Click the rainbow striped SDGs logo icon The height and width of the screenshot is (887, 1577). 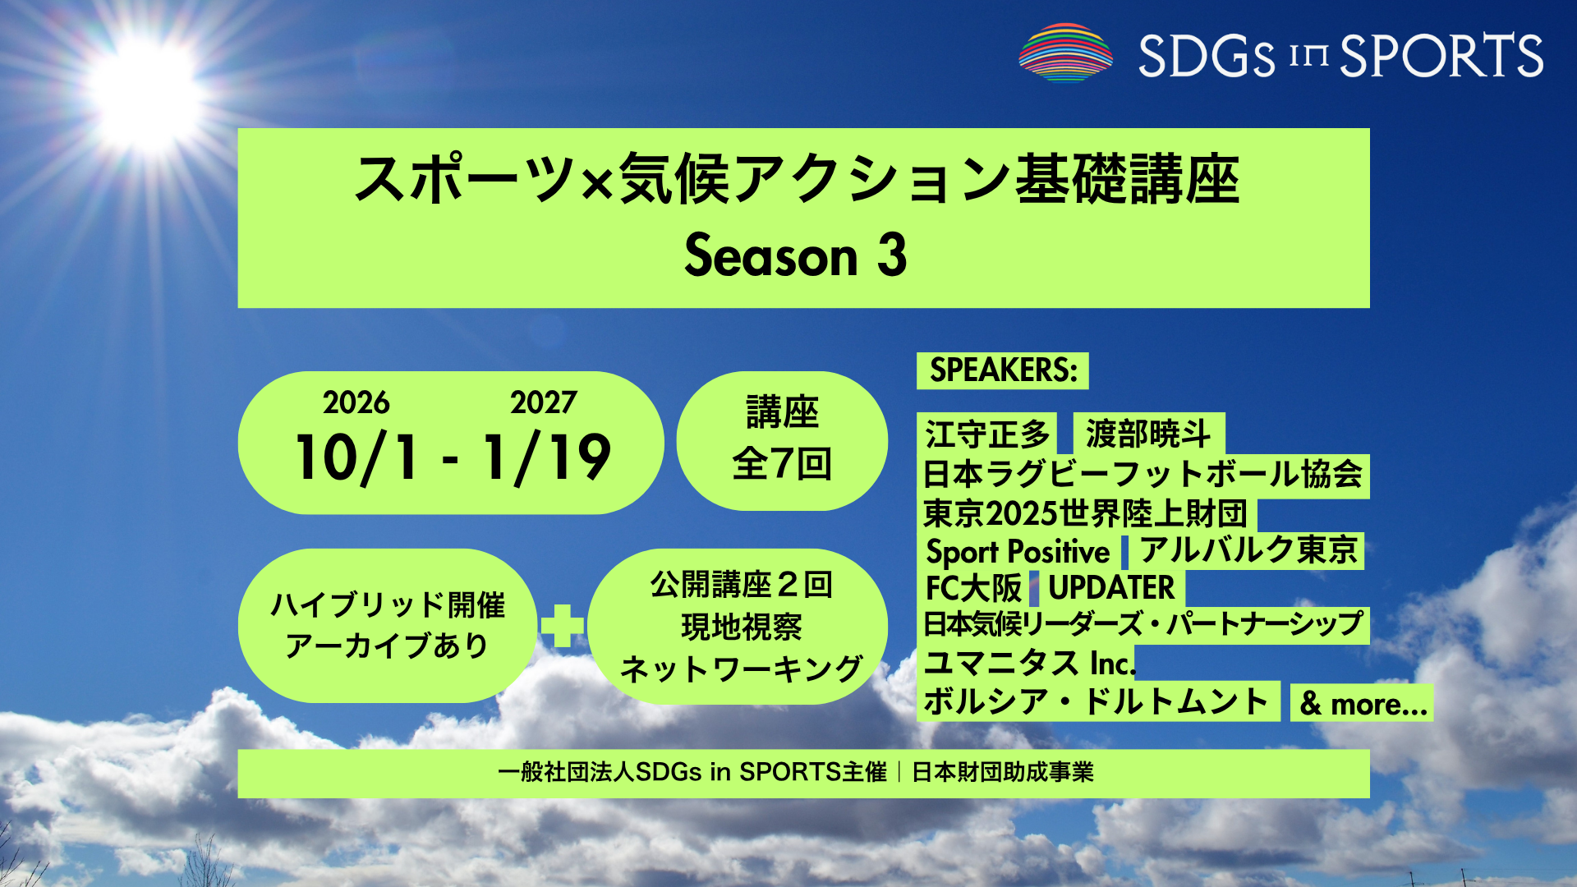[1065, 53]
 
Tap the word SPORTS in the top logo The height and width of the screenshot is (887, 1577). [1441, 55]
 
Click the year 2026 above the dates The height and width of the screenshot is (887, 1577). [356, 402]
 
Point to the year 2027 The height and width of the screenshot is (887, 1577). [543, 402]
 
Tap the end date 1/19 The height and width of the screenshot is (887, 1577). [547, 457]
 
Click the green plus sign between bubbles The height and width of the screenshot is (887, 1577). [563, 626]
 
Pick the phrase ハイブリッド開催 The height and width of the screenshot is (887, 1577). [388, 605]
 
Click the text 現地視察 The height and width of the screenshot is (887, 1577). [742, 627]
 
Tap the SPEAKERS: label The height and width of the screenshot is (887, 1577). [1003, 370]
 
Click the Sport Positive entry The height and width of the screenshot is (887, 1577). [1018, 551]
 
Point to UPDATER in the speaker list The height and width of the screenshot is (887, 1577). [1111, 588]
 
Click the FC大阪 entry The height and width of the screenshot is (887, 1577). [973, 588]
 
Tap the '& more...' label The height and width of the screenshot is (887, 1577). [1363, 704]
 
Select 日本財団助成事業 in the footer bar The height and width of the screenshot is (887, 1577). [1003, 773]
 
